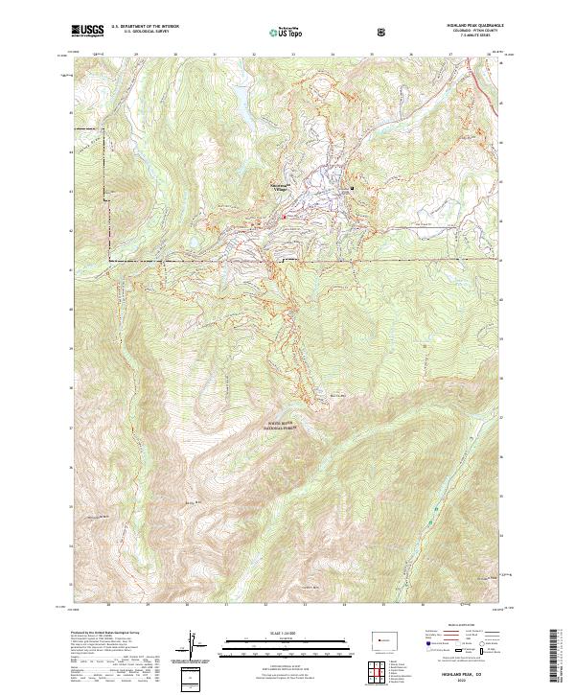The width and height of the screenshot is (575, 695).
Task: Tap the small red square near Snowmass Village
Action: point(284,217)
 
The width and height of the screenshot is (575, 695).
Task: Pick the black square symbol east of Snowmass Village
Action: point(352,189)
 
